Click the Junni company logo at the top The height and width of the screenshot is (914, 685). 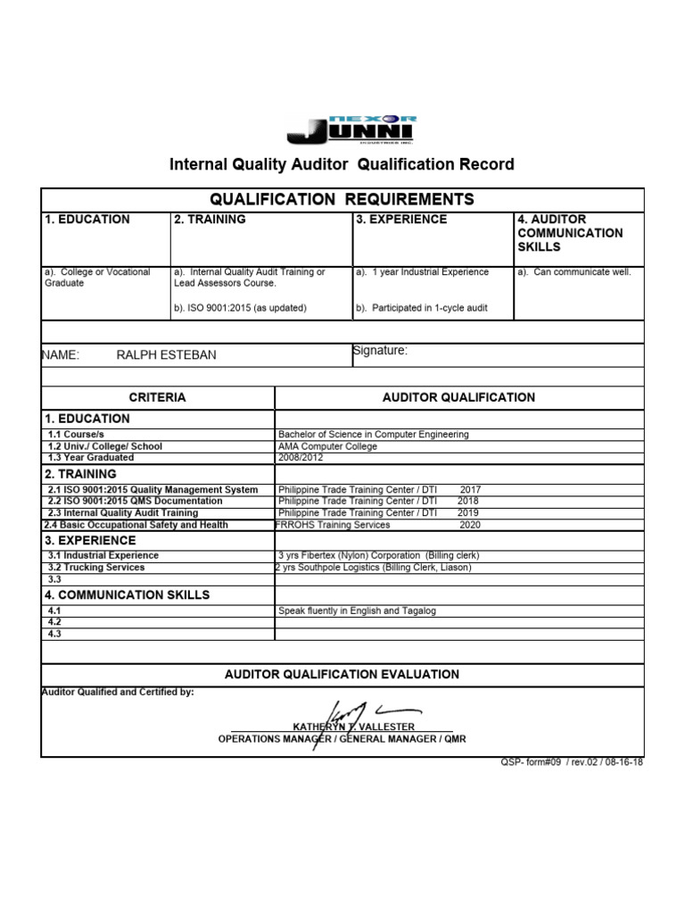tap(351, 130)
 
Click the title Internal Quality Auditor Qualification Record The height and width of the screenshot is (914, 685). tap(342, 165)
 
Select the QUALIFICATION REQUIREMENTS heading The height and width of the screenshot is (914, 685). tap(342, 199)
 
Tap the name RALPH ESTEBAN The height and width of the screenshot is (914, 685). tap(166, 355)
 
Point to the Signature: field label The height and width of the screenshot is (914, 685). tap(381, 351)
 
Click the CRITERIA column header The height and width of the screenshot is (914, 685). tap(158, 398)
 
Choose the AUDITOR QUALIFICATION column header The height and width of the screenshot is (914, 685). tap(458, 398)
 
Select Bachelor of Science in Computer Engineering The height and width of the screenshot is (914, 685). tap(373, 435)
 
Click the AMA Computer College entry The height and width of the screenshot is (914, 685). tap(327, 446)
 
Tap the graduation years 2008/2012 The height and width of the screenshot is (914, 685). tap(301, 458)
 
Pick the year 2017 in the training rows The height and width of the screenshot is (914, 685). tap(469, 490)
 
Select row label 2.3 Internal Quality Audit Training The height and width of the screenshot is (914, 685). tap(122, 513)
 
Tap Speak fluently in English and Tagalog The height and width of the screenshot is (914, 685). tap(357, 611)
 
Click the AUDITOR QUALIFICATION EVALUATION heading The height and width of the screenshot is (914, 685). tap(342, 675)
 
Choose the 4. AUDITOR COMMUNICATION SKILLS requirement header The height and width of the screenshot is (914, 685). tap(570, 233)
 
